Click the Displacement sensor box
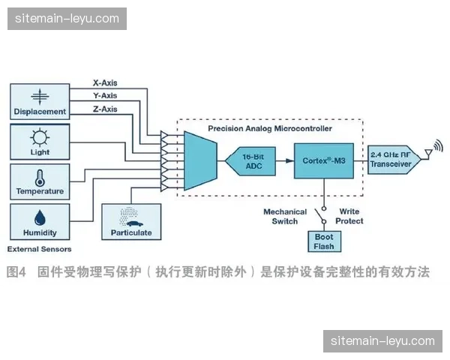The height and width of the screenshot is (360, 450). tap(39, 101)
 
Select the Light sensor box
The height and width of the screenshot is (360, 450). tap(39, 142)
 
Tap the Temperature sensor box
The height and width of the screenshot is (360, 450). tap(39, 181)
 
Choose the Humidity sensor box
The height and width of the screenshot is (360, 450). tap(39, 221)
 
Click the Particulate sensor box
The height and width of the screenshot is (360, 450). tap(131, 221)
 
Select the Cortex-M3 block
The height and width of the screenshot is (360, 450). tap(323, 160)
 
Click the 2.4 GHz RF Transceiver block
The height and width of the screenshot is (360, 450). tap(391, 160)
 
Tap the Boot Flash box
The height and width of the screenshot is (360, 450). tap(323, 241)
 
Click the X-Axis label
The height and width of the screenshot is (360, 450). tap(105, 82)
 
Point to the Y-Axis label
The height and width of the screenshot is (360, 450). tap(105, 95)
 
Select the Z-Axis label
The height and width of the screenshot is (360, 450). tap(105, 109)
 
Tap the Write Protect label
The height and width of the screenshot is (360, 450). tap(350, 216)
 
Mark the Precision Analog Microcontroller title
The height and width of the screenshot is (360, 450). tap(269, 128)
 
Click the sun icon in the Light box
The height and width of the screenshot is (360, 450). tap(39, 136)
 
